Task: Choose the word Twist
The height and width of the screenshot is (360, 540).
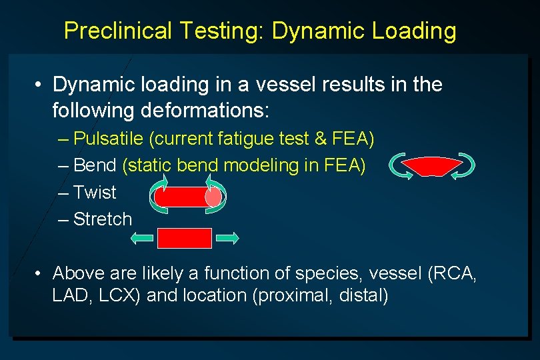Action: tap(95, 192)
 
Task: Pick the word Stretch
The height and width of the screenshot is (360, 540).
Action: tap(103, 219)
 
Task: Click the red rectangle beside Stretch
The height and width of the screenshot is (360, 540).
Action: tap(185, 238)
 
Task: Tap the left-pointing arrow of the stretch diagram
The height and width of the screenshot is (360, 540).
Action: tap(142, 237)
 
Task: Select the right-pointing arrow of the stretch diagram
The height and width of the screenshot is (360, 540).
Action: tap(227, 237)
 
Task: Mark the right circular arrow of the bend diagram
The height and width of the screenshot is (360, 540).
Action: tap(463, 167)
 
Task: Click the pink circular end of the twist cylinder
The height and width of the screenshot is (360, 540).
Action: tap(213, 197)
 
